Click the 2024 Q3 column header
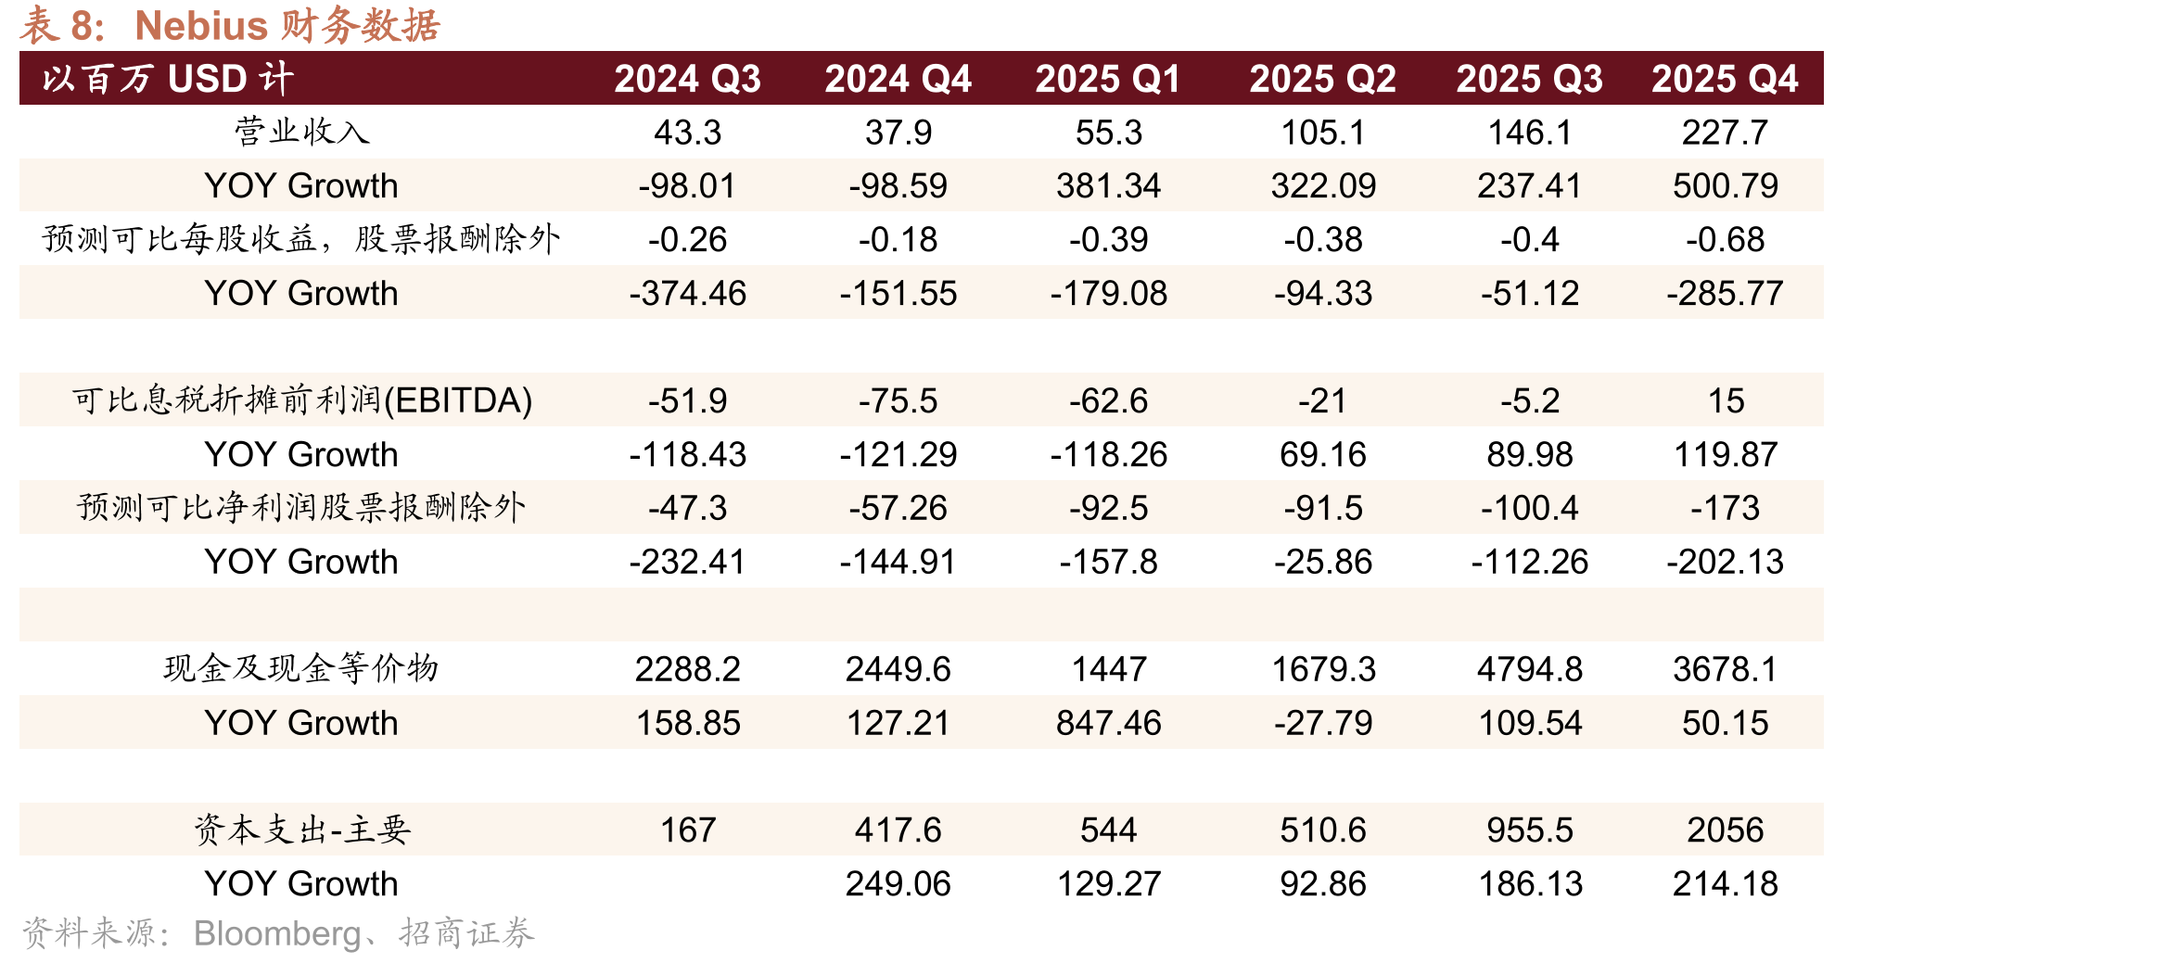687,79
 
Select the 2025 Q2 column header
1322,79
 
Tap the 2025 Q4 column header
1725,79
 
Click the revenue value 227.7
1725,133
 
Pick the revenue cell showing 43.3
687,133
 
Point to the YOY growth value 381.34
1108,186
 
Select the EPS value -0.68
1725,240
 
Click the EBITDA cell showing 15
1726,401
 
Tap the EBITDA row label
302,400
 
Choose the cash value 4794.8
1530,669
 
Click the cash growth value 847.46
1108,723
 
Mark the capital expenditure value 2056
1725,830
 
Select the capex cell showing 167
687,830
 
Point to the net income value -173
1725,508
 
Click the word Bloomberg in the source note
277,933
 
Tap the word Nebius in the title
201,26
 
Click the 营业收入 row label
302,132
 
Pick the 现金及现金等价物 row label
301,668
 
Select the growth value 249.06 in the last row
898,884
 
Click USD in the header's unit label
208,79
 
